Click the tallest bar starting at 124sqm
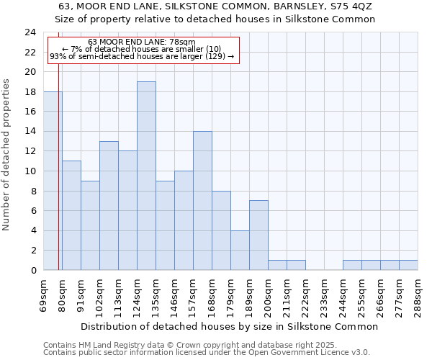(146, 176)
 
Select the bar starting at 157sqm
(202, 201)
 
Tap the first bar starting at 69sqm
(53, 181)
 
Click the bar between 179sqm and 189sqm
(240, 250)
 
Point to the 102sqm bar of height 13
(109, 205)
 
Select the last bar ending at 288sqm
(408, 265)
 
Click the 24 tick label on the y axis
(30, 32)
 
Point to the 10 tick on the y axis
(30, 171)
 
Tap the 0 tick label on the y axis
(33, 270)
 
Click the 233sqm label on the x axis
(325, 294)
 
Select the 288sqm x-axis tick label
(418, 294)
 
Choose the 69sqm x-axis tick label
(44, 294)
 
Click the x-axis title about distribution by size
(229, 326)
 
